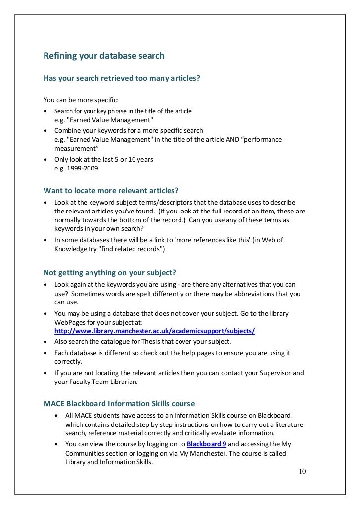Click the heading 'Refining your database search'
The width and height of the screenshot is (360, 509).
pos(104,57)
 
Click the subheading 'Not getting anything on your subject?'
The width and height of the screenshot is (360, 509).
pos(110,272)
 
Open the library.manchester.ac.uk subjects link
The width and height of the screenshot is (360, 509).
pos(154,331)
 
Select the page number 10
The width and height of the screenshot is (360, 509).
pos(302,471)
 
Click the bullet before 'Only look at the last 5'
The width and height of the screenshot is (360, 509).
pos(46,160)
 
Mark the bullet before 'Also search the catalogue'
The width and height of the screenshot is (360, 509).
pos(46,342)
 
